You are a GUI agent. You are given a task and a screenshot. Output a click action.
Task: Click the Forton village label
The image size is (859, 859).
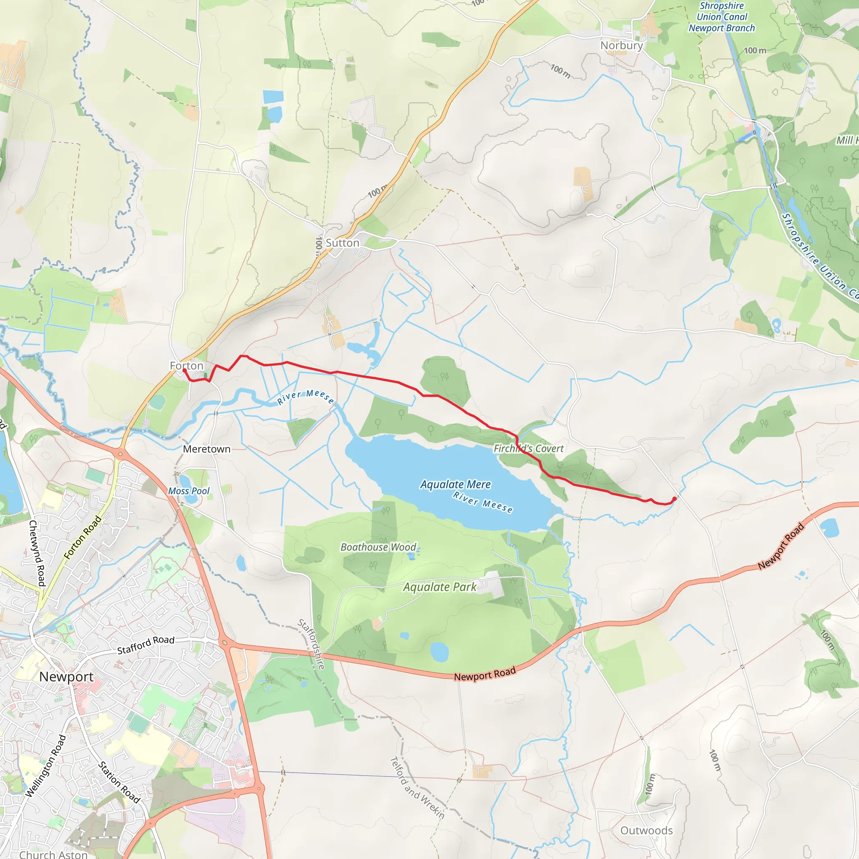(186, 365)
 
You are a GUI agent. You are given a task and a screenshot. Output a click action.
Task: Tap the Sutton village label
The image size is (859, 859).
(342, 243)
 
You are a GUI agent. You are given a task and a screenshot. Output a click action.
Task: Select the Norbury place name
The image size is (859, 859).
(621, 45)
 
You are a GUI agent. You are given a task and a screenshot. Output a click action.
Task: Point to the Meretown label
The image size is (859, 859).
(207, 449)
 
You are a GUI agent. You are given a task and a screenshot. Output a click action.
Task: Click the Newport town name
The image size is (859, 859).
(66, 677)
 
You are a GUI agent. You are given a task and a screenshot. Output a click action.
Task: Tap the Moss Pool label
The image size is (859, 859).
(188, 491)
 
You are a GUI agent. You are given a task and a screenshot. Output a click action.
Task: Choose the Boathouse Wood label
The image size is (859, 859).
(378, 547)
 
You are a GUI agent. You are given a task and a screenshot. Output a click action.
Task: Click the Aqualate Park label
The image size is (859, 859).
(439, 587)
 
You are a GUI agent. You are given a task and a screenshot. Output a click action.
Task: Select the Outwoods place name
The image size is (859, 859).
(646, 830)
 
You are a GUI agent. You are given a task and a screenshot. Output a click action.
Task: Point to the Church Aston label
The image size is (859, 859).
(53, 854)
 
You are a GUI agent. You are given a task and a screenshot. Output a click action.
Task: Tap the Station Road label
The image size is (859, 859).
(119, 782)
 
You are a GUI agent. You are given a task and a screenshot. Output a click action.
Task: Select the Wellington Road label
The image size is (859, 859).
(46, 765)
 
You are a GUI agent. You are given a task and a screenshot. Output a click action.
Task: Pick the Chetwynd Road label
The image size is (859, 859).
(37, 553)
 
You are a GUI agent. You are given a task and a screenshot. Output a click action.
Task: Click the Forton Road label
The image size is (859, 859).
(83, 538)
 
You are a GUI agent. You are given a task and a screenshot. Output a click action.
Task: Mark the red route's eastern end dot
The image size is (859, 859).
(674, 499)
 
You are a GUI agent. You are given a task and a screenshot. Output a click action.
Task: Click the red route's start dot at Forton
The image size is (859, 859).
(185, 370)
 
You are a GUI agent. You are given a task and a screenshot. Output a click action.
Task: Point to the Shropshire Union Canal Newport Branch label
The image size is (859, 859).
(721, 17)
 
